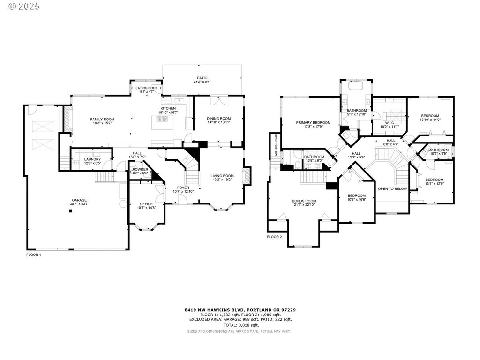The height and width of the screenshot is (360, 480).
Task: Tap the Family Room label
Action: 102,119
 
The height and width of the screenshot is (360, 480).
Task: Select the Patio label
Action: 202,78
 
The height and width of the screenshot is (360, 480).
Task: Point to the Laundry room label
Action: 92,159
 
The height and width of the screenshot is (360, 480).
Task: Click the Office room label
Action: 146,204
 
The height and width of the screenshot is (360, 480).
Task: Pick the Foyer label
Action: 183,187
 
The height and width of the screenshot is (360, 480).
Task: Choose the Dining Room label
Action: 219,118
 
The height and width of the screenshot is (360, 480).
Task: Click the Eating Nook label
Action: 147,88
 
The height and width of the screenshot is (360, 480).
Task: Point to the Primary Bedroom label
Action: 313,122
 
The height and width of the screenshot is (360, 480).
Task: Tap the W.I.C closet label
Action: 389,123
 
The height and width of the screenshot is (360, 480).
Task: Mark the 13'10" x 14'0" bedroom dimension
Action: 430,120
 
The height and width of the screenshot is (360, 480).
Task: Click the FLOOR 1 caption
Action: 34,255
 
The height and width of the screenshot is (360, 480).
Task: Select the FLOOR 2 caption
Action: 274,237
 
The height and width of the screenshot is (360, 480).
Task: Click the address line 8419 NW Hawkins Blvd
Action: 240,310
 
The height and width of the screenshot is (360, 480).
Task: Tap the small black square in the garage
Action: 70,211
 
